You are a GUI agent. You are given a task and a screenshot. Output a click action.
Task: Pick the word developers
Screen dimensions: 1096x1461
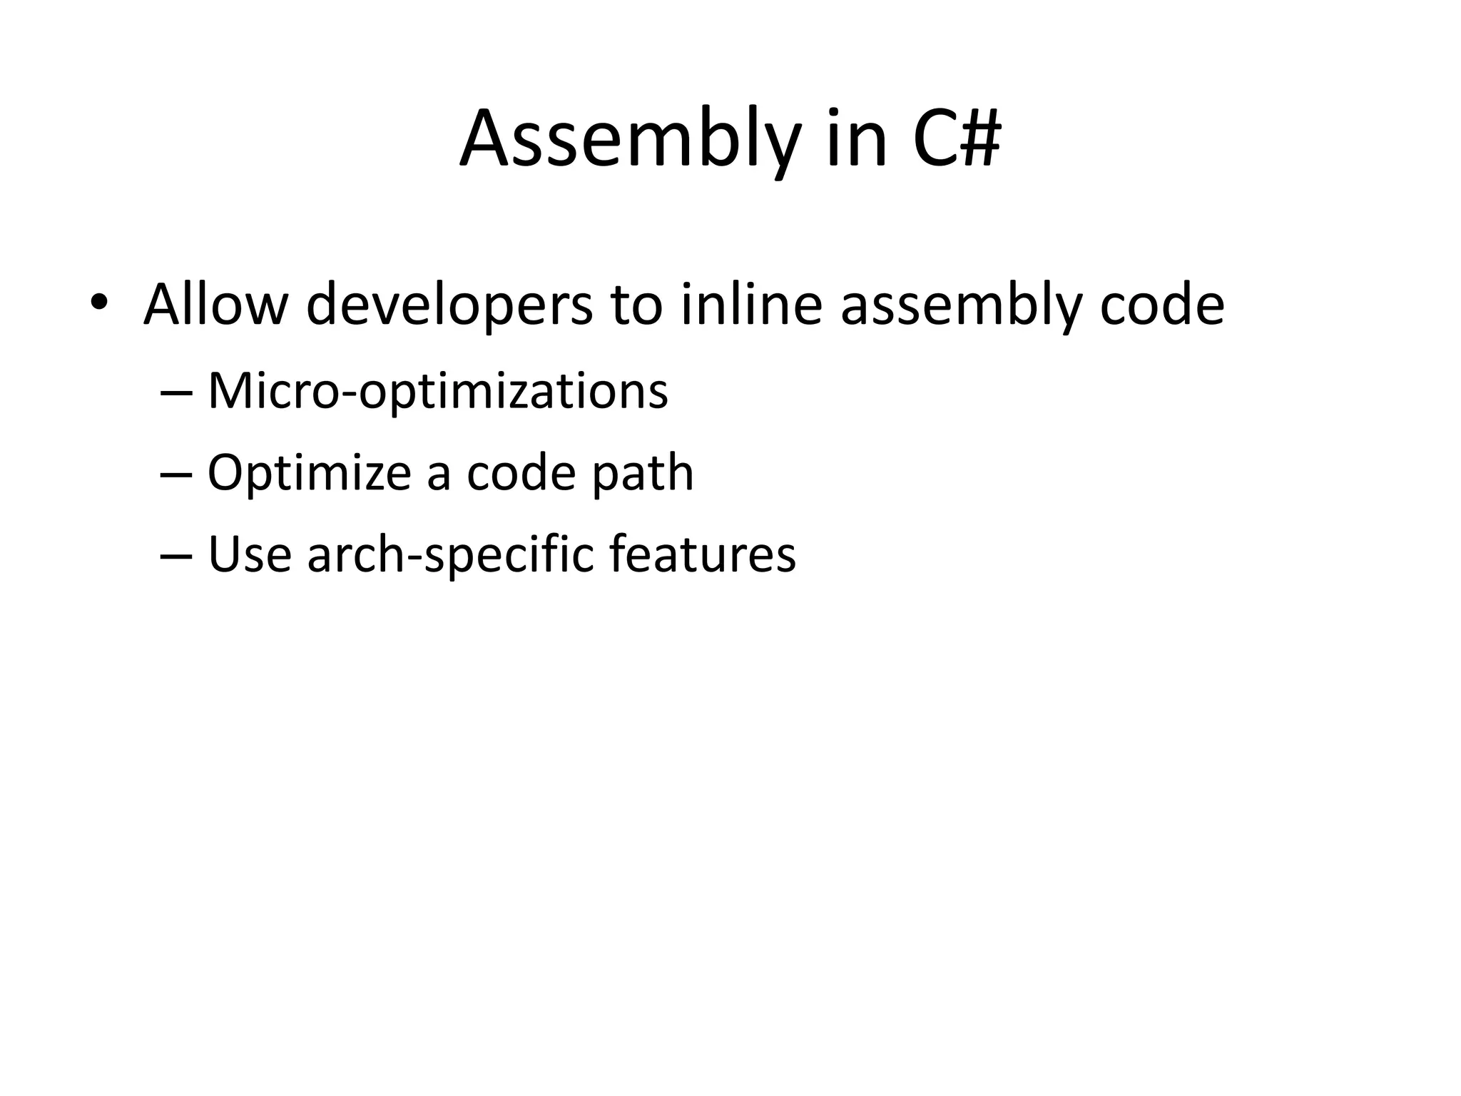coord(449,305)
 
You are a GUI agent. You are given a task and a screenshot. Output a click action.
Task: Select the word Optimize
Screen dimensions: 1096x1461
coord(309,473)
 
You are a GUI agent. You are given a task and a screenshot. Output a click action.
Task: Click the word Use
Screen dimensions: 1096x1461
coord(250,554)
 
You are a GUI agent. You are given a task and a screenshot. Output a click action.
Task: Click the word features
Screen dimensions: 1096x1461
coord(702,554)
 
